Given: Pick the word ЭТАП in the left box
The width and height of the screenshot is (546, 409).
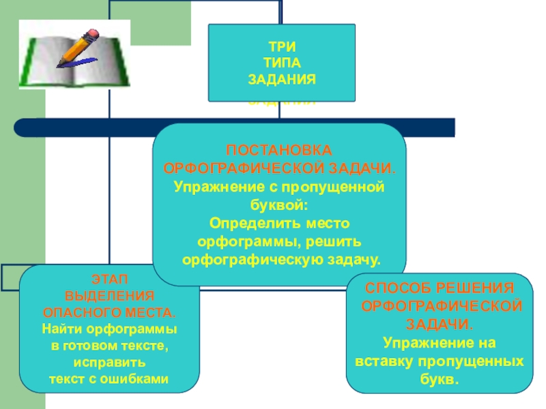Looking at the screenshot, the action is [x=109, y=279].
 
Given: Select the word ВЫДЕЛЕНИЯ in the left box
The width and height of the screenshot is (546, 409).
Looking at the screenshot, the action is [x=109, y=297].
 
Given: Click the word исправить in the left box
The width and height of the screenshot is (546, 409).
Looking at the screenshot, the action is [x=109, y=362].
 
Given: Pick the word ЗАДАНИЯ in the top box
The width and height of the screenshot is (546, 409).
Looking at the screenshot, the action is [x=281, y=80].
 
